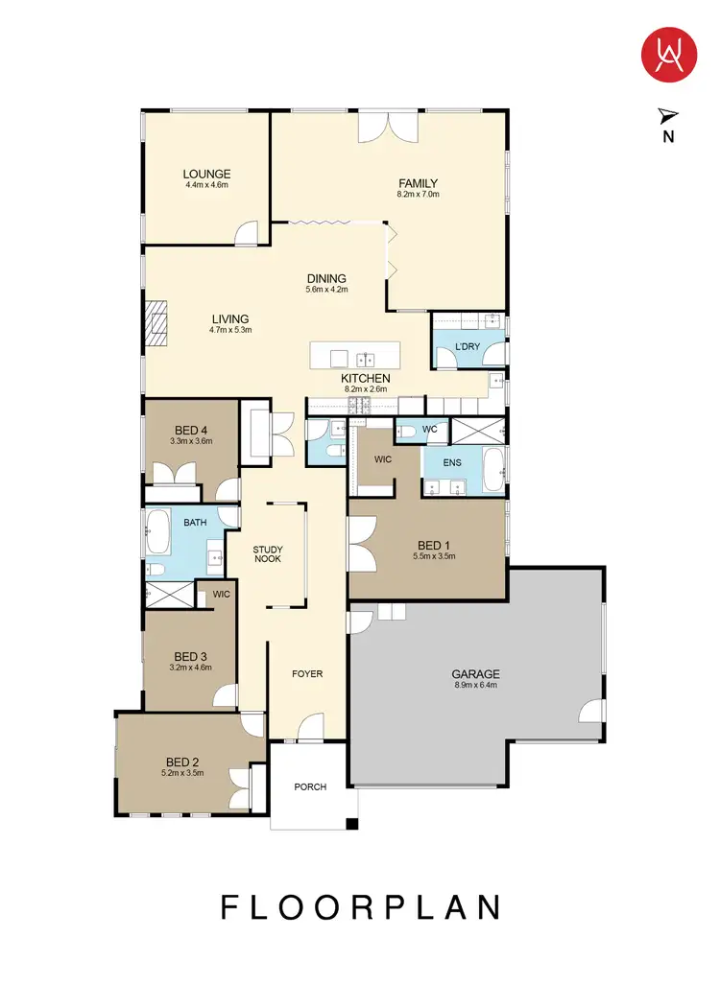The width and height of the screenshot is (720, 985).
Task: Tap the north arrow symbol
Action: tap(667, 116)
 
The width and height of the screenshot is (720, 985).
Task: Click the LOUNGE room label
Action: tap(206, 175)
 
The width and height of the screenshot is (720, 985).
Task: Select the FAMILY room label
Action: tap(418, 183)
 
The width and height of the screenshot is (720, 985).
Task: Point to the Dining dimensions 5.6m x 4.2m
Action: tap(325, 289)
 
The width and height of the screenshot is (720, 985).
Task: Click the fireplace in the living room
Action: tap(156, 322)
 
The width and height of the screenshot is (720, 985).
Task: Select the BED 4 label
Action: tap(191, 430)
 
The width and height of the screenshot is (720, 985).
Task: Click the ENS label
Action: tap(453, 462)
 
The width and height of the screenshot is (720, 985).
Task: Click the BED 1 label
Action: tap(433, 545)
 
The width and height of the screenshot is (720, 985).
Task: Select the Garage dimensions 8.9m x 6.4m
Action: tap(476, 686)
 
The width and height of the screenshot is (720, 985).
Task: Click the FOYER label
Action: tap(307, 673)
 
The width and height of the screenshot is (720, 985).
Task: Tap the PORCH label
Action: tap(310, 787)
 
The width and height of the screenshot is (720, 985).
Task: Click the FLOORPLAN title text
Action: tap(362, 907)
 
